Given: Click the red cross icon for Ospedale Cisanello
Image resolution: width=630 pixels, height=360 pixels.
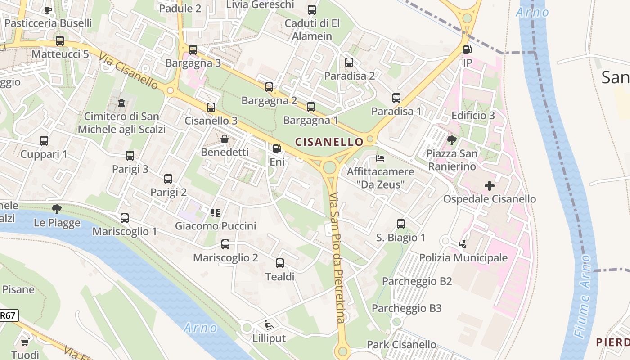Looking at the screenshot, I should click(x=490, y=185).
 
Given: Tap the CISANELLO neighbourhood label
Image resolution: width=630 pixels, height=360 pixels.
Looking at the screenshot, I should click(x=329, y=142).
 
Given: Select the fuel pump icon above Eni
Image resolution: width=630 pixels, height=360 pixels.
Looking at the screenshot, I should click(x=277, y=148).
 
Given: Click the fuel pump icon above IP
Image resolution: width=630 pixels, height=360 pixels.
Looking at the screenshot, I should click(x=468, y=49).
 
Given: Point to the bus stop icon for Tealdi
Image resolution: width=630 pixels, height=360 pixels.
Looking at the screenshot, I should click(x=280, y=263).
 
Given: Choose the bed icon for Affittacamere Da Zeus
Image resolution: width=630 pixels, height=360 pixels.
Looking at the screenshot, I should click(x=380, y=158).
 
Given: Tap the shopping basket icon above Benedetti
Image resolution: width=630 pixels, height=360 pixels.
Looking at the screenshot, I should click(x=224, y=139).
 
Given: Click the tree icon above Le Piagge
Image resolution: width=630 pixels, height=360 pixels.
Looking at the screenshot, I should click(x=57, y=209).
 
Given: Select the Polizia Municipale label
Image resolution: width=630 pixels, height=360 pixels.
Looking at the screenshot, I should click(x=463, y=258).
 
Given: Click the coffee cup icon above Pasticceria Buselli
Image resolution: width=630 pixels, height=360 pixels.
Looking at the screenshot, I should click(x=48, y=9).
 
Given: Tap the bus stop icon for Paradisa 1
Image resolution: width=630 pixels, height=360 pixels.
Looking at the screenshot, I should click(x=396, y=98).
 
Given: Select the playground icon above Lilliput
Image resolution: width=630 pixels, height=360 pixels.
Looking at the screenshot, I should click(x=269, y=324).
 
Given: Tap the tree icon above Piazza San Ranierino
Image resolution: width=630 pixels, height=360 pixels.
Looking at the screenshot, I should click(x=451, y=140).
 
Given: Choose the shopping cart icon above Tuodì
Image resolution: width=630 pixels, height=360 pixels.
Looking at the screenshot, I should click(x=25, y=342).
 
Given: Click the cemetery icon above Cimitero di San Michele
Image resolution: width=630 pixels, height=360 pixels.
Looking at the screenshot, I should click(x=121, y=103).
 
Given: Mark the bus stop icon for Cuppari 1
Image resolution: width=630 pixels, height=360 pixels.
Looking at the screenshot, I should click(x=44, y=140).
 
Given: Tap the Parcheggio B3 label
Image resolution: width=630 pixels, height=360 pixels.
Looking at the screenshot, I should click(x=406, y=308).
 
